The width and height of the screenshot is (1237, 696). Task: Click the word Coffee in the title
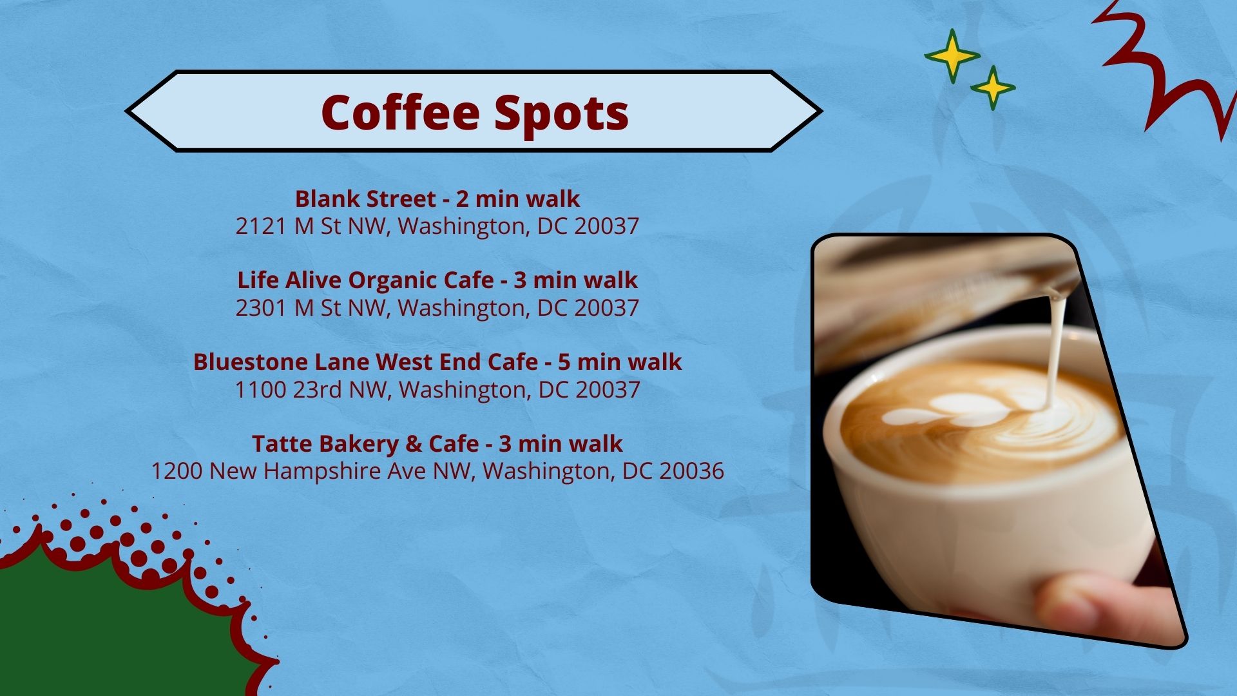click(x=400, y=112)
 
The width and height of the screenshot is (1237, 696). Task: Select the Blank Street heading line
click(x=437, y=198)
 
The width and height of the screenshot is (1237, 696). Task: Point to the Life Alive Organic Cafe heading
click(x=437, y=280)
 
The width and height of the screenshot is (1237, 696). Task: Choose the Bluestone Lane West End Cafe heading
click(x=437, y=362)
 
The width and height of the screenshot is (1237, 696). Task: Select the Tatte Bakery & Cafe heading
click(x=437, y=443)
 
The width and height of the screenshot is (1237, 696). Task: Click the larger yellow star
click(x=952, y=55)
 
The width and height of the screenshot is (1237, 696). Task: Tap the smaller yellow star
click(x=993, y=88)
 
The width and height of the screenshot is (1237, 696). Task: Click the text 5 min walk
click(x=620, y=362)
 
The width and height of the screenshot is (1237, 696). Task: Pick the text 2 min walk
click(x=518, y=198)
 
